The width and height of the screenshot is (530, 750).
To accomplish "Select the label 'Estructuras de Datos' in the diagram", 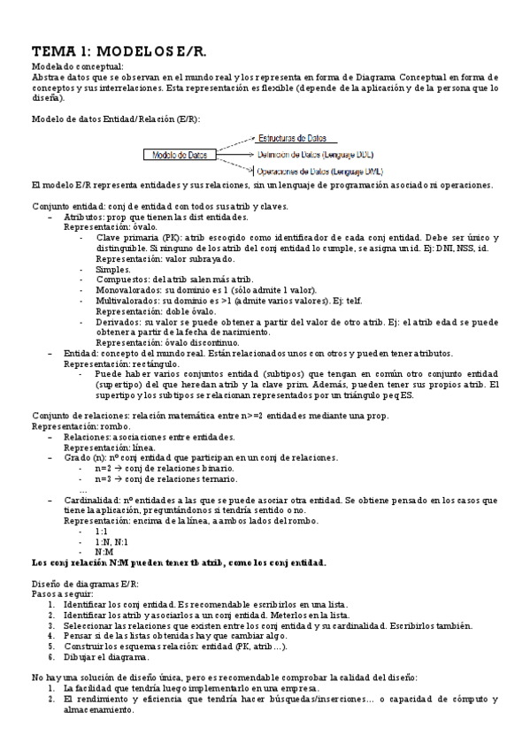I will click(292, 138).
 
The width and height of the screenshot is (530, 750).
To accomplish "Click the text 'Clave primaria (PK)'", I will click(138, 239).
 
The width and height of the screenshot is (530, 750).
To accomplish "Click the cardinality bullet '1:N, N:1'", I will click(111, 541).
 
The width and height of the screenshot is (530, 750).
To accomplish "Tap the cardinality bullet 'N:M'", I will click(104, 551).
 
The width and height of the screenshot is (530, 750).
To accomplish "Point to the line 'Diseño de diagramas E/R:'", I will click(85, 585).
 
